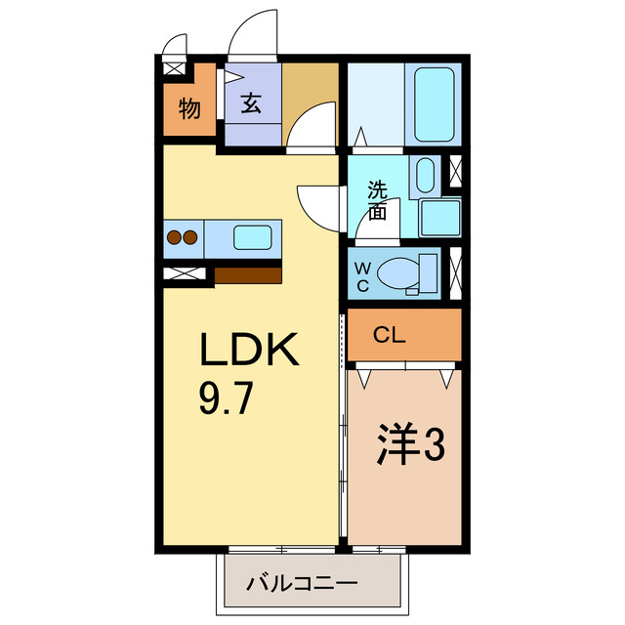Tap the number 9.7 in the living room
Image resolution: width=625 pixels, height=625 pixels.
[228, 399]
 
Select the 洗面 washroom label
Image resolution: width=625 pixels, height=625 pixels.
[377, 199]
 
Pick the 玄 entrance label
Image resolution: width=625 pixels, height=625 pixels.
[252, 104]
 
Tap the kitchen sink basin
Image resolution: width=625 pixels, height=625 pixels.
[254, 237]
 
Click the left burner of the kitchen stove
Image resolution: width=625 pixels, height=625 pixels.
[175, 236]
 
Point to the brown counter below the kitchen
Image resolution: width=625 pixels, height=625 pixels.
[248, 274]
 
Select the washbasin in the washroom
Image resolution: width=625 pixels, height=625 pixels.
[427, 177]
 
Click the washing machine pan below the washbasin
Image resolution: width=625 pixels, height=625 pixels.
[440, 218]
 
